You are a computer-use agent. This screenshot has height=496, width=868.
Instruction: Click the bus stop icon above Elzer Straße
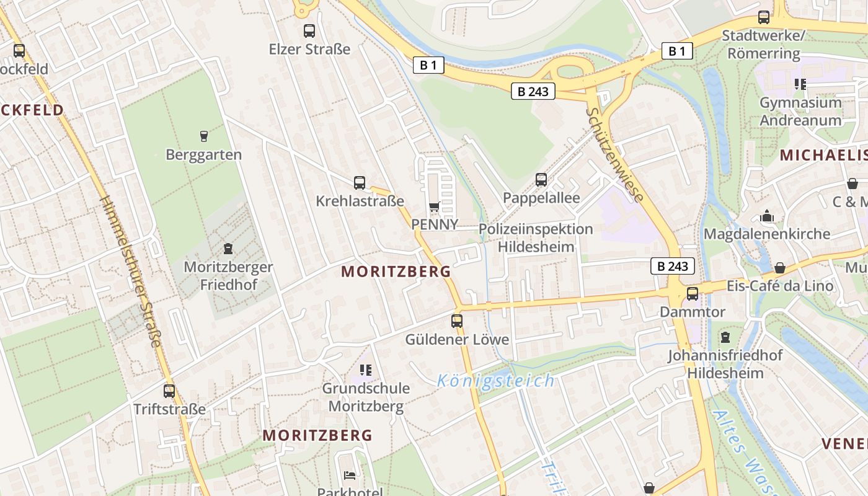click(x=309, y=31)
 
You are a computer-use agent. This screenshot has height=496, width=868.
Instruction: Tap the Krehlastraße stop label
click(x=360, y=201)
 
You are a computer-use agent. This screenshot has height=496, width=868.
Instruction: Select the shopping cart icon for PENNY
click(x=434, y=207)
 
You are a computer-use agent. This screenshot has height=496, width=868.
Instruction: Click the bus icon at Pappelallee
click(x=541, y=180)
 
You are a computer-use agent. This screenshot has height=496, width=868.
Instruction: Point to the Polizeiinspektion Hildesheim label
click(x=536, y=237)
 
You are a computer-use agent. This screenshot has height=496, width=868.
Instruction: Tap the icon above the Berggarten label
click(x=203, y=136)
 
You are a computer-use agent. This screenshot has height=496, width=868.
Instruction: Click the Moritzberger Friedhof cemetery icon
click(x=228, y=249)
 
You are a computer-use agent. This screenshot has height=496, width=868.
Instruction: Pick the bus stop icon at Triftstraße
click(x=169, y=391)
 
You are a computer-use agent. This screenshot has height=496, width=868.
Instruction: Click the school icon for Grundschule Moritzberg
click(x=366, y=370)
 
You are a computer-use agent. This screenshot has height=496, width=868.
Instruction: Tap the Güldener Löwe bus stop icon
click(x=457, y=321)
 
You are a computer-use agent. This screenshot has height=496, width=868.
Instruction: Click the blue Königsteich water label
click(x=495, y=380)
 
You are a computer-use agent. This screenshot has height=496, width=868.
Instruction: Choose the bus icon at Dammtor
click(x=692, y=293)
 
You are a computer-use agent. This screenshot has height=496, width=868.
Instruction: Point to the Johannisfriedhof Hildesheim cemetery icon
click(x=725, y=337)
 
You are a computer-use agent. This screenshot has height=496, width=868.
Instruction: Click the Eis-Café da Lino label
click(x=780, y=286)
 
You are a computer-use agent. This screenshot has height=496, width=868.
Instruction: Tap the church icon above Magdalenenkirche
click(x=767, y=216)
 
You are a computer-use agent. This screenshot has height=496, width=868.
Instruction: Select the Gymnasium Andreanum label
click(x=800, y=111)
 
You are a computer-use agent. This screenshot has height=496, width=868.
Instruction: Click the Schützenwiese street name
click(x=614, y=154)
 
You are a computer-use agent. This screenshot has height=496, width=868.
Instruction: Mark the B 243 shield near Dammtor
click(x=672, y=267)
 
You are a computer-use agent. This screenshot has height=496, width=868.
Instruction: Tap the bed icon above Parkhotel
click(x=350, y=476)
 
